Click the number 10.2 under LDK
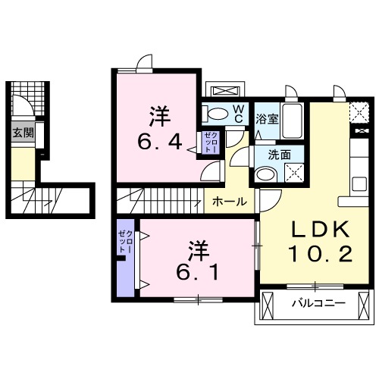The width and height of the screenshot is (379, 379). pyautogui.click(x=320, y=254)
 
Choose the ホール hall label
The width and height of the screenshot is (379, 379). pyautogui.click(x=227, y=202)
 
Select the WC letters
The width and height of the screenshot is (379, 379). pyautogui.click(x=237, y=114)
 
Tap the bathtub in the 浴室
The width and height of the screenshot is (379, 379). pyautogui.click(x=293, y=121)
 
